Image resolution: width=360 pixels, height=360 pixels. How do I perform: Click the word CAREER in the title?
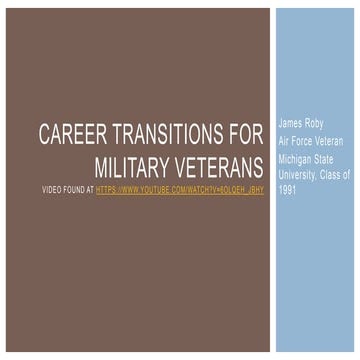(70, 133)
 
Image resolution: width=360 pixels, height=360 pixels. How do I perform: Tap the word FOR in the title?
(246, 133)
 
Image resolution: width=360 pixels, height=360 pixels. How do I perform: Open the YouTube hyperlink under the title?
(194, 188)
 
